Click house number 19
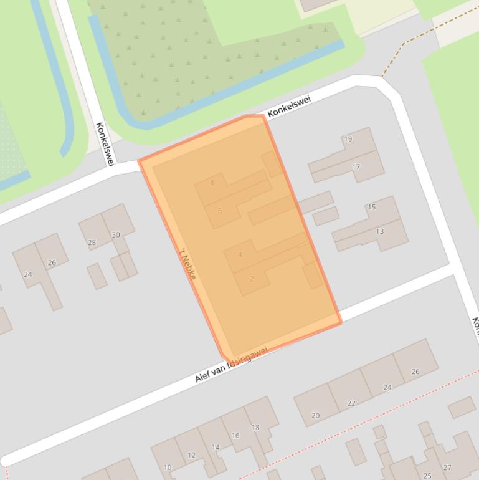(348, 138)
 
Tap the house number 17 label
(356, 167)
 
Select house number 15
(372, 207)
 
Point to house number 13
(380, 231)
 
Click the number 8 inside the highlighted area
(212, 183)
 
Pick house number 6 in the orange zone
(220, 211)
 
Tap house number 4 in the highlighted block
(240, 255)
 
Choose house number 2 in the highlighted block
(252, 279)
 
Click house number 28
(92, 242)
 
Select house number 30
(116, 234)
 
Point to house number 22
(351, 403)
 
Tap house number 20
(315, 416)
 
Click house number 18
(255, 428)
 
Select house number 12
(191, 455)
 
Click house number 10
(168, 468)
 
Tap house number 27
(447, 468)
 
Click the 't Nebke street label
(188, 264)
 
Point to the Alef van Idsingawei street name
(232, 366)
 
